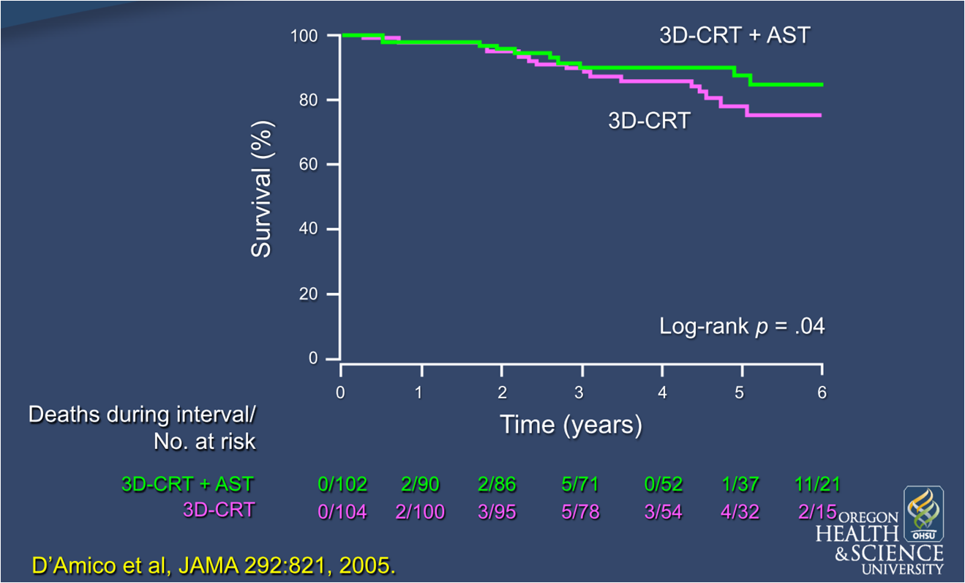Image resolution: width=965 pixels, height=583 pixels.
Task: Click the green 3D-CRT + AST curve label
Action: pos(735,35)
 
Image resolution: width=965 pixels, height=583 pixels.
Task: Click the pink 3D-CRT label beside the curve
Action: pos(649,121)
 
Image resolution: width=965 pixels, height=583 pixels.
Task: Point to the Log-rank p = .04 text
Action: pos(742,327)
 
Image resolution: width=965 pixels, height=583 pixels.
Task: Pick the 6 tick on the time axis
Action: pos(822,393)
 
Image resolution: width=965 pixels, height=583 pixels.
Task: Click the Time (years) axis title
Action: pos(571,424)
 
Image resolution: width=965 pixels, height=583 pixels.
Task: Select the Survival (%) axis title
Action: pos(261,190)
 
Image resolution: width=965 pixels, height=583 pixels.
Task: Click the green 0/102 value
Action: pos(342,484)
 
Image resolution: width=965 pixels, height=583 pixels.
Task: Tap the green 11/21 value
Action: pos(817,484)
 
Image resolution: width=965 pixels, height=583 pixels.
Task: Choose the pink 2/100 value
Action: pos(420,511)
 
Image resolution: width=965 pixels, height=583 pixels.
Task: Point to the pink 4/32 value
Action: pos(740,511)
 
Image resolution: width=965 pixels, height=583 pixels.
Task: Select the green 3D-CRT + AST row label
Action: pos(187,484)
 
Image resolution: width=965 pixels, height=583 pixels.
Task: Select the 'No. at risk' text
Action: pos(204,442)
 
